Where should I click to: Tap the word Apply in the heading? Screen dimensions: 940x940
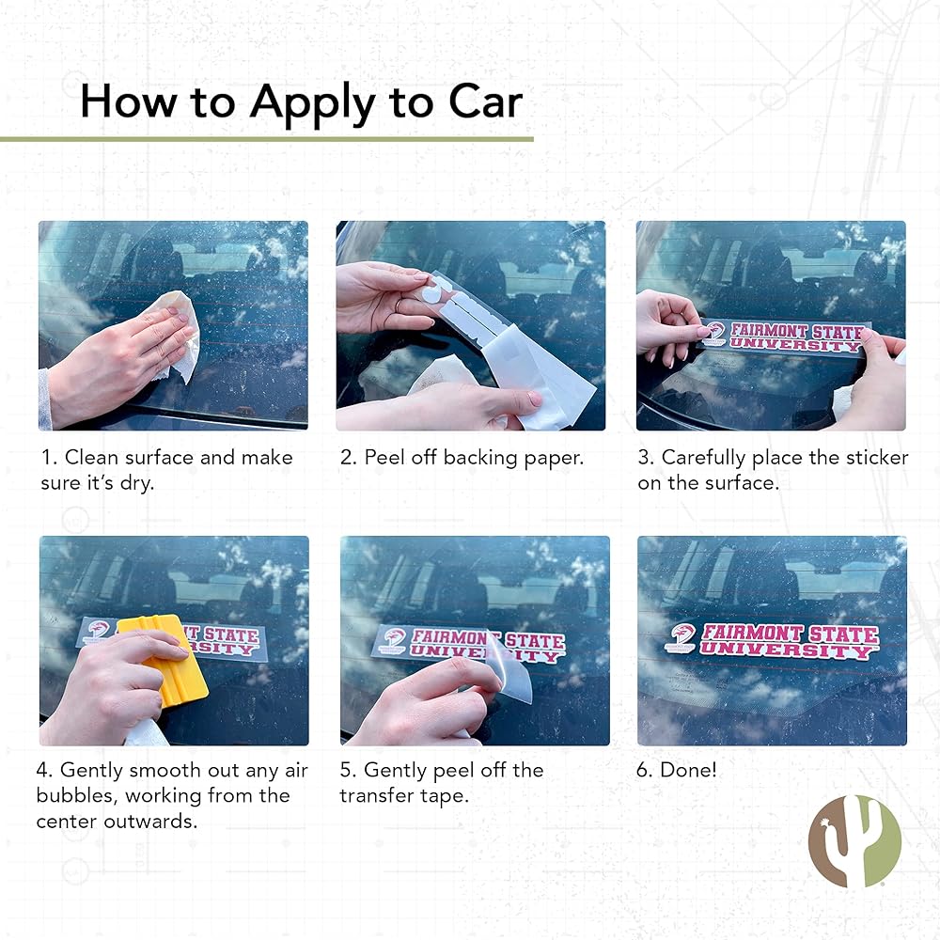click(313, 103)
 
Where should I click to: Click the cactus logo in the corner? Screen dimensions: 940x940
click(854, 840)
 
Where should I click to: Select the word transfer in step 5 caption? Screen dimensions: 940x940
click(380, 796)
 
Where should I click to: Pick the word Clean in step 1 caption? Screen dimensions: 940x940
click(92, 458)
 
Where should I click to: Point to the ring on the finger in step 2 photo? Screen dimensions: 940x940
click(397, 305)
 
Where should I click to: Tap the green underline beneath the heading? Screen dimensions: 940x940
click(267, 139)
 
